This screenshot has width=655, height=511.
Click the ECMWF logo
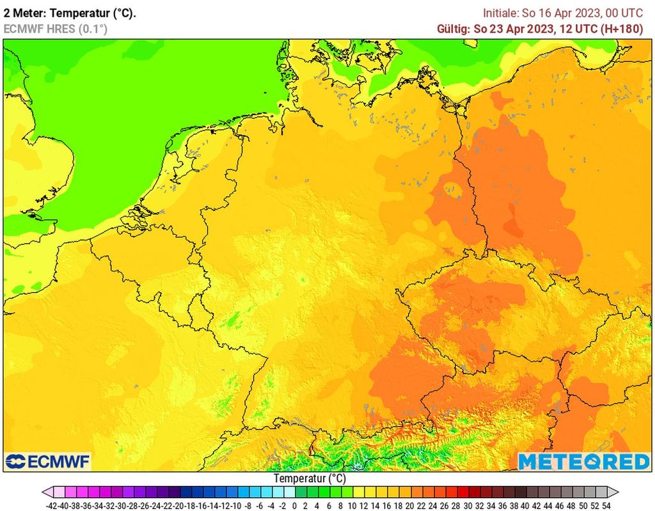coord(48,462)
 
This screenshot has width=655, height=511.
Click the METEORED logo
coord(583,462)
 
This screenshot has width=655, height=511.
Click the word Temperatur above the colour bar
coord(301,478)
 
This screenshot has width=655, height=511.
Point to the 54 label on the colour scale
coord(606,505)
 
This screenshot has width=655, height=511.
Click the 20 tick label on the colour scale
coord(409,505)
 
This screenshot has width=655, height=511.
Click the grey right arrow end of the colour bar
coord(613,492)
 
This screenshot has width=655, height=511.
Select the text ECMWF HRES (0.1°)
coord(56,29)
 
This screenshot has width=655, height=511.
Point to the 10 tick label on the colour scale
coord(351,505)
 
